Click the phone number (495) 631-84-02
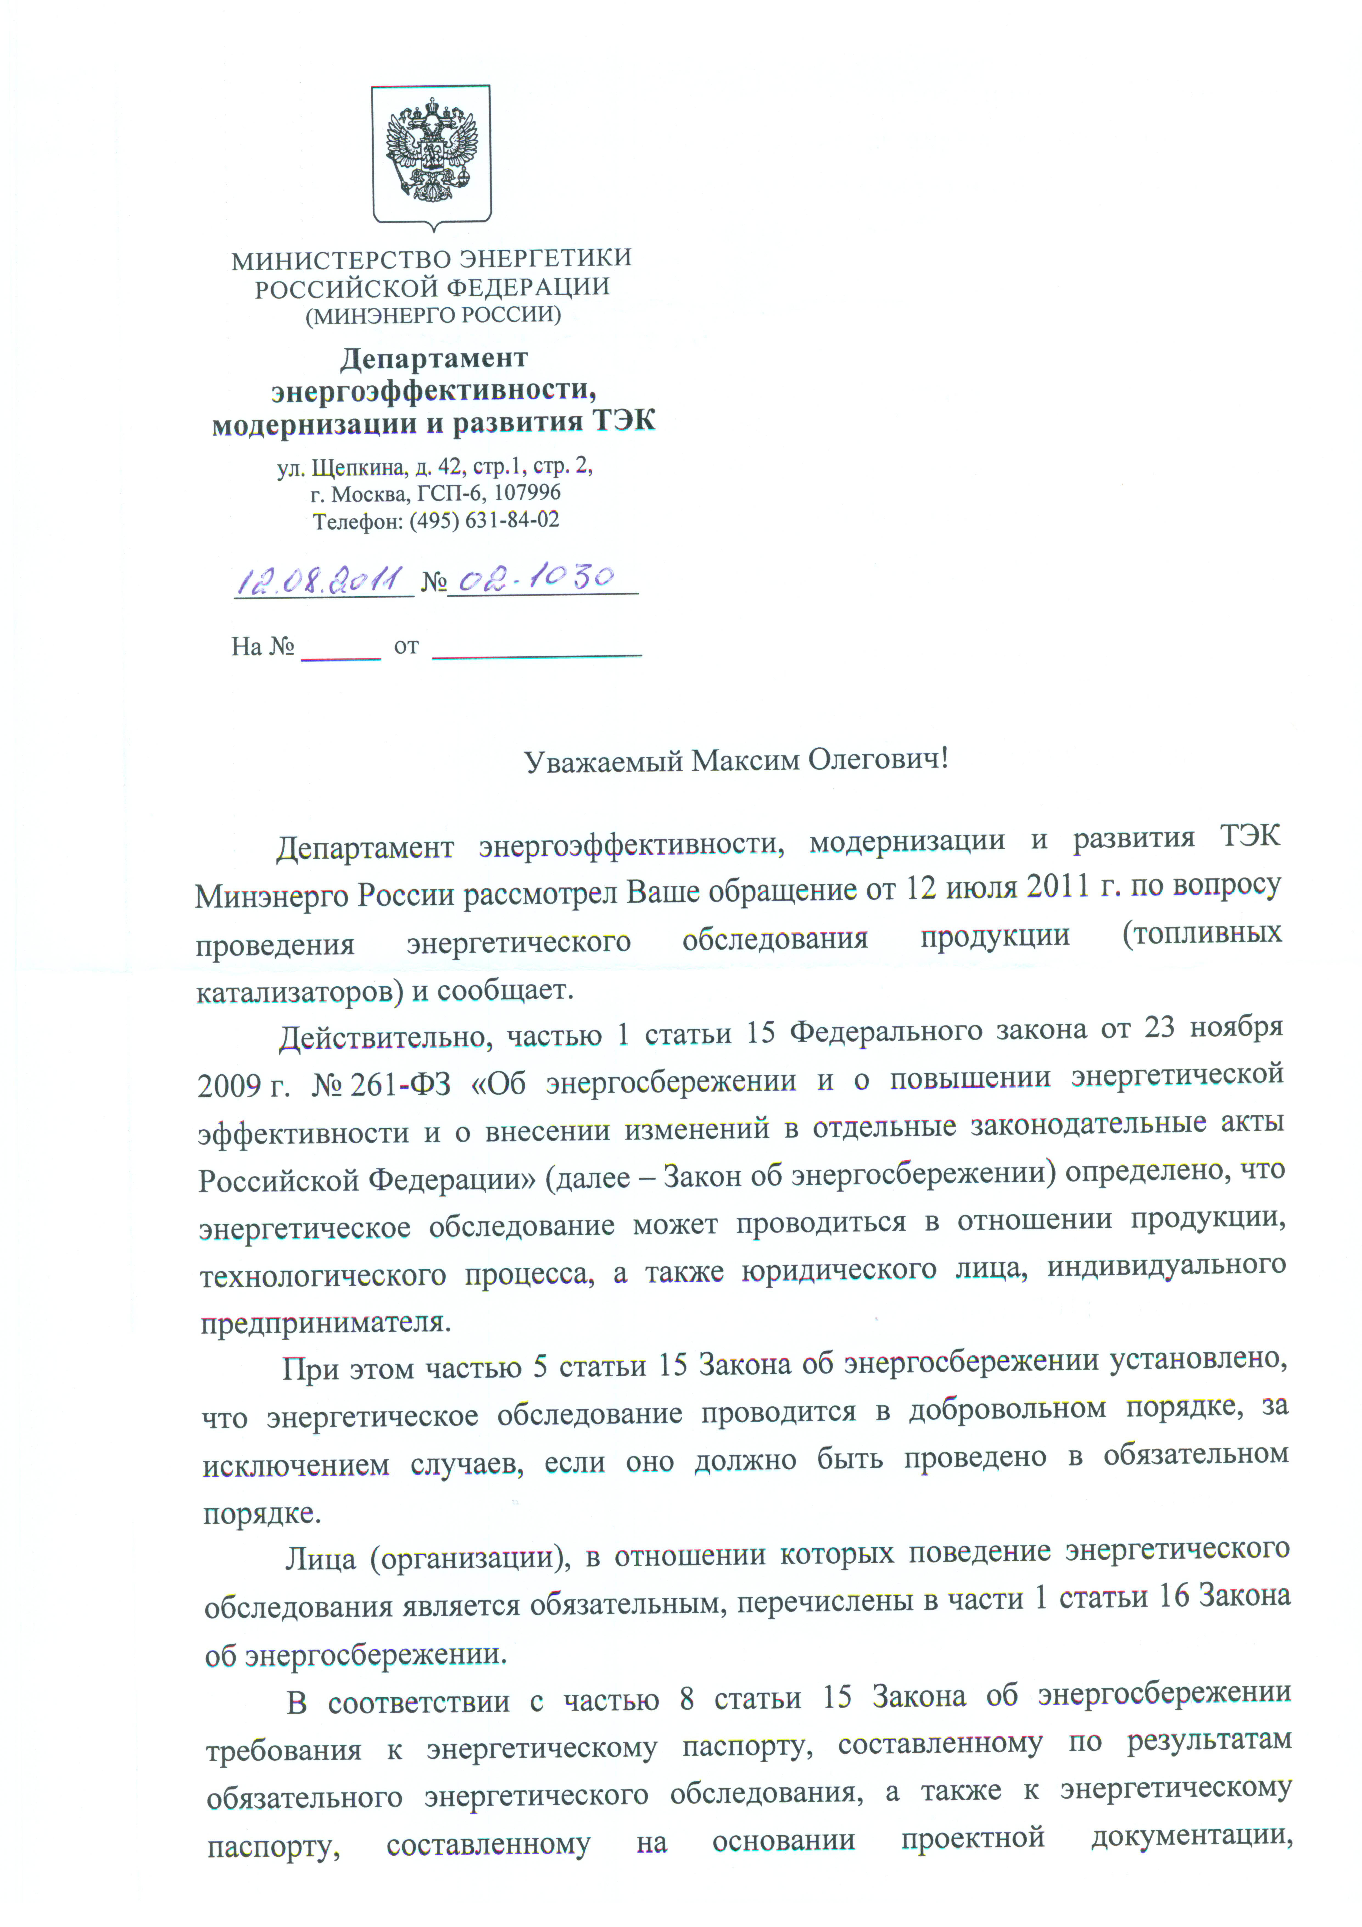pos(484,520)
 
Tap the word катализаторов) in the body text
pos(294,993)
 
